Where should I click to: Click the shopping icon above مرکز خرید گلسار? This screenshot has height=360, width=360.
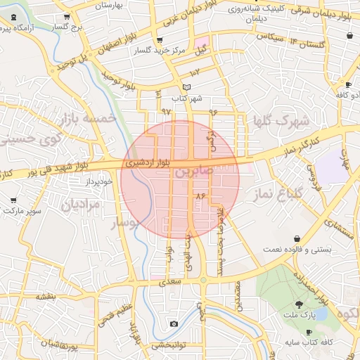pyautogui.click(x=160, y=40)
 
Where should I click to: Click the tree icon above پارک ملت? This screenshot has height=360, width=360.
pyautogui.click(x=300, y=304)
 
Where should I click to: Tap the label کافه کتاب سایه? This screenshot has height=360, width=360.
pyautogui.click(x=309, y=342)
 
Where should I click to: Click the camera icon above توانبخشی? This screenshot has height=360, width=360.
pyautogui.click(x=174, y=323)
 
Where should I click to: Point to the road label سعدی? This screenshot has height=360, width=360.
pyautogui.click(x=172, y=281)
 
